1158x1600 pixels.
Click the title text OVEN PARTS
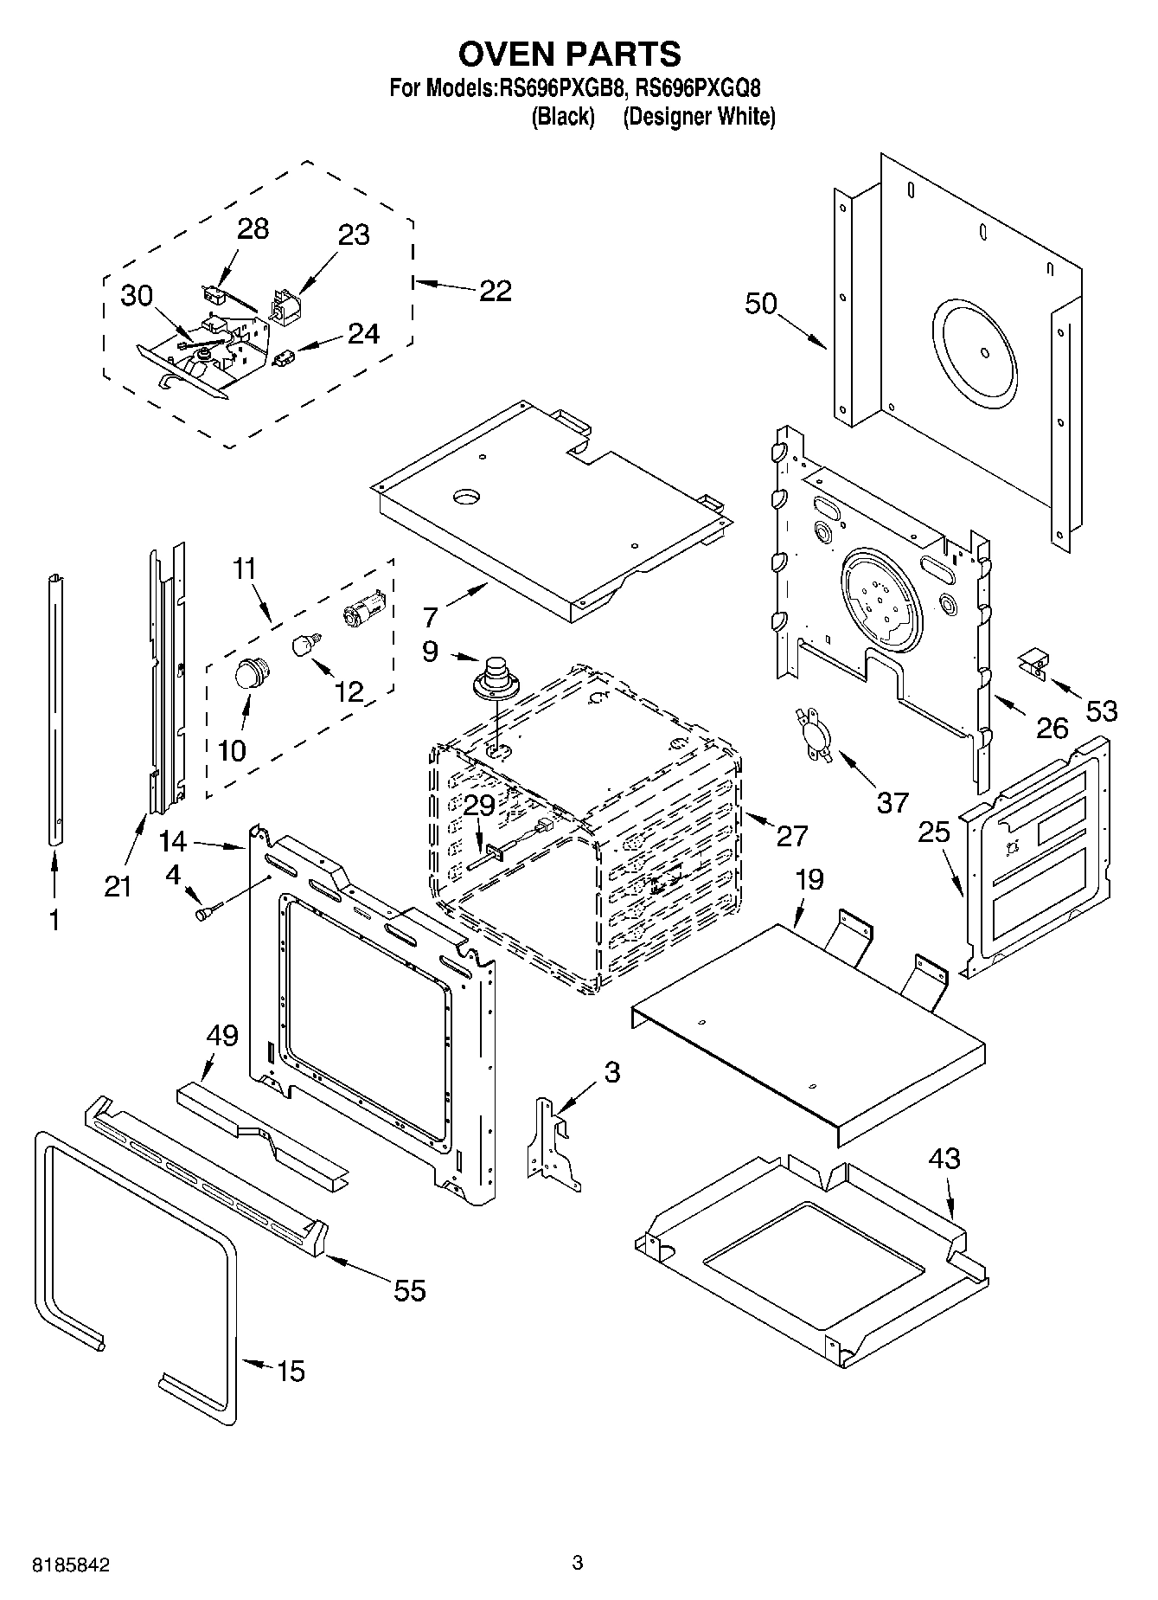coord(569,54)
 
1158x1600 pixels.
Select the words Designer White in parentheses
coord(699,117)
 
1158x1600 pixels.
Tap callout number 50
coord(761,304)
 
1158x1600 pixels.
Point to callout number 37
coord(892,802)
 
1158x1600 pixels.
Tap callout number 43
coord(944,1158)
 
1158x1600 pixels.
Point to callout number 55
coord(410,1290)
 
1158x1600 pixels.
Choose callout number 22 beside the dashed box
coord(495,290)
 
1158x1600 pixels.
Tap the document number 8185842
coord(70,1565)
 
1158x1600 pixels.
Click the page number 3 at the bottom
coord(578,1562)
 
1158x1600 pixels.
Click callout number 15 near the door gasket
coord(291,1371)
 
